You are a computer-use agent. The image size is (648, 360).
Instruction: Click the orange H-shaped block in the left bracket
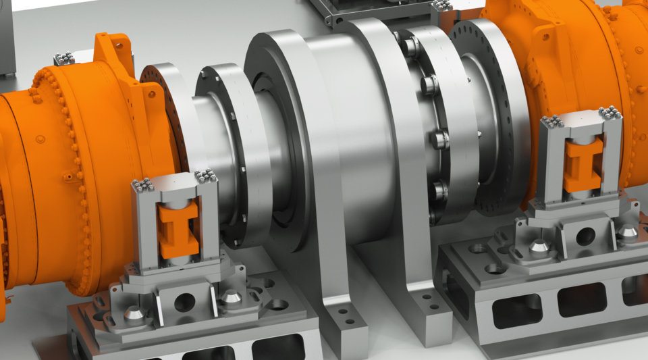pos(178,229)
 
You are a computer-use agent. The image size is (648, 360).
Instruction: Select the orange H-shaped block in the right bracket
pos(582,164)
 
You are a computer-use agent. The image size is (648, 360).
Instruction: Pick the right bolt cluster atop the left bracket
pos(205,176)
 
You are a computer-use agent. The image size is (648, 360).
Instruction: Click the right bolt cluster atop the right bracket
pos(610,112)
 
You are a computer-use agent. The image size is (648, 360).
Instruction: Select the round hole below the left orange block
pos(184,302)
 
